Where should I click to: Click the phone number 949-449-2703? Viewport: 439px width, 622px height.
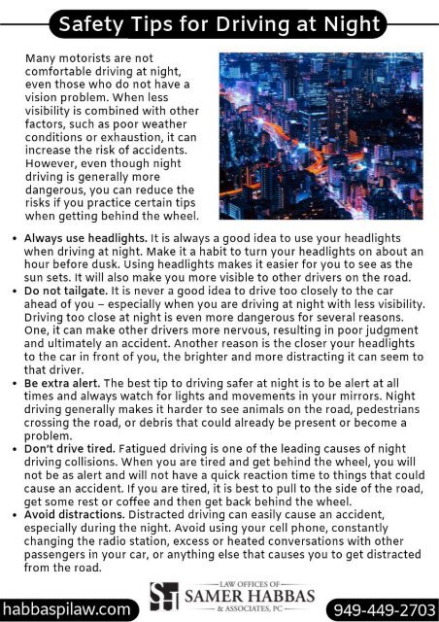pyautogui.click(x=385, y=608)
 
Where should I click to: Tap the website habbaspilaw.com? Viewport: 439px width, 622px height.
pyautogui.click(x=65, y=608)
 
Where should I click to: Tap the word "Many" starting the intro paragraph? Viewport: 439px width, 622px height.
pyautogui.click(x=39, y=59)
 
